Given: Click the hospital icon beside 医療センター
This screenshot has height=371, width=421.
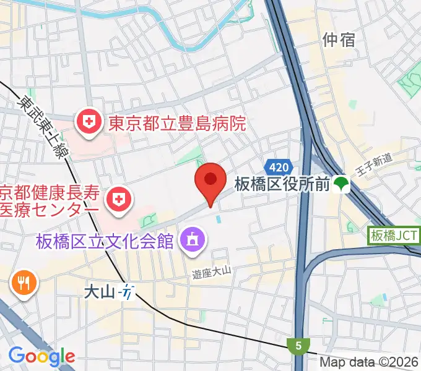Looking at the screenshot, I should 116,198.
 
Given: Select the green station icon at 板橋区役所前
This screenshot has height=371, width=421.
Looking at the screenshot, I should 341,183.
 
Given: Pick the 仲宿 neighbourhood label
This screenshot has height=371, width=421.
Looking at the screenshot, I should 339,40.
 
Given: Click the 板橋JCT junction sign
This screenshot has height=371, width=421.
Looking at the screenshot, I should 394,235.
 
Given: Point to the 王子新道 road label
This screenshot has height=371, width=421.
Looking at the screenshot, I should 375,165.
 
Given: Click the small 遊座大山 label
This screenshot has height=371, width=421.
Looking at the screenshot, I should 210,270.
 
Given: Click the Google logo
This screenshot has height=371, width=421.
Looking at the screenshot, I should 41,356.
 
